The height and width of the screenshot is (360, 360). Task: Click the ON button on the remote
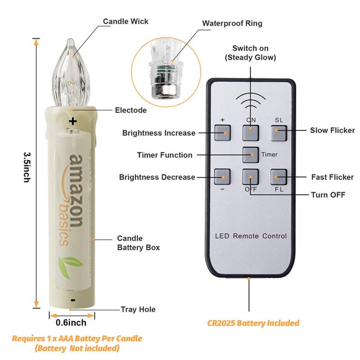pyautogui.click(x=251, y=133)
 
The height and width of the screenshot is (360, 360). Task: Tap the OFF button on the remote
pyautogui.click(x=251, y=177)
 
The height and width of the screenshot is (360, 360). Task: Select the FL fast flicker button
pyautogui.click(x=279, y=177)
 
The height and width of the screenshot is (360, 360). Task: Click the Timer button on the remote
pyautogui.click(x=251, y=155)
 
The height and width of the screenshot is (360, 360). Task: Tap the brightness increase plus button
pyautogui.click(x=222, y=133)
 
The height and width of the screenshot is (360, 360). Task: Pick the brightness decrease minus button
pyautogui.click(x=222, y=177)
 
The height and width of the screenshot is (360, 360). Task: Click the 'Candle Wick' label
pyautogui.click(x=126, y=21)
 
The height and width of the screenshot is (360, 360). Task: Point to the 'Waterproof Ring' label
pyautogui.click(x=232, y=23)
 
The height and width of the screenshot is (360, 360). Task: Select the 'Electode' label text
pyautogui.click(x=131, y=110)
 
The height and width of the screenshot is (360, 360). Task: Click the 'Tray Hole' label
pyautogui.click(x=138, y=310)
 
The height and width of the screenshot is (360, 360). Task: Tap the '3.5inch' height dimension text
pyautogui.click(x=27, y=167)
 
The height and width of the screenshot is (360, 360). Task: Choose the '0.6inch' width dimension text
pyautogui.click(x=71, y=323)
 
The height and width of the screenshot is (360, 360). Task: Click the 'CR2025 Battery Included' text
pyautogui.click(x=253, y=323)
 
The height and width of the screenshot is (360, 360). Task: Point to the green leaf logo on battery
pyautogui.click(x=70, y=267)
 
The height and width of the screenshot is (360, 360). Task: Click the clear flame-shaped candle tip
pyautogui.click(x=71, y=72)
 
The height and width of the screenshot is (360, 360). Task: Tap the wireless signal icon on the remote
pyautogui.click(x=251, y=101)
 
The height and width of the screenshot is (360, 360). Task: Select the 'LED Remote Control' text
pyautogui.click(x=251, y=236)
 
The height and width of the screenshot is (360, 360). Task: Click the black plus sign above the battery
pyautogui.click(x=73, y=121)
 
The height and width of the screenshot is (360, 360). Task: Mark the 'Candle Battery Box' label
pyautogui.click(x=139, y=243)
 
